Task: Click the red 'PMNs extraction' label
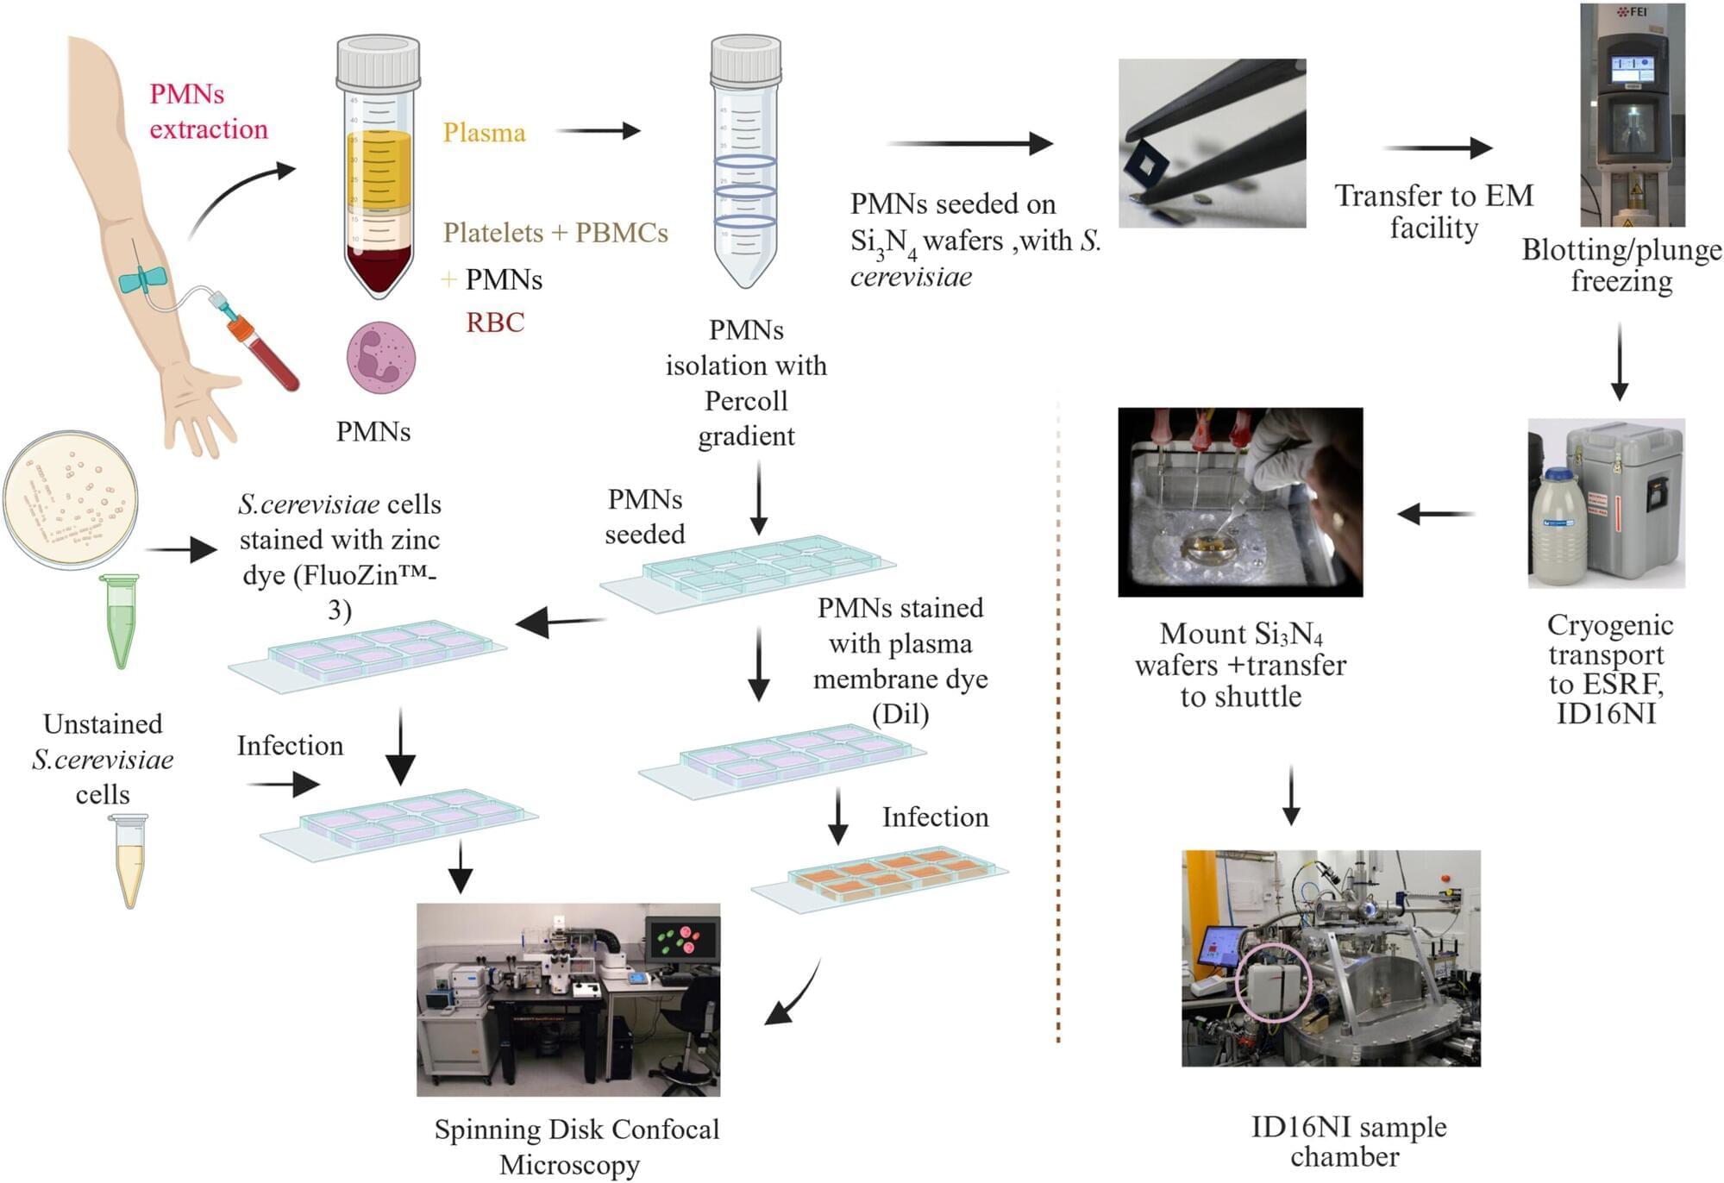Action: pyautogui.click(x=208, y=111)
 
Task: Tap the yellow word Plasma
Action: pyautogui.click(x=484, y=133)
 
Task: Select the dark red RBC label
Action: pyautogui.click(x=495, y=322)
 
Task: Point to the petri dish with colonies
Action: pyautogui.click(x=70, y=500)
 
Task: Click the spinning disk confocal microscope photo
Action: pyautogui.click(x=567, y=999)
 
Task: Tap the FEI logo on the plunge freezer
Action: pyautogui.click(x=1632, y=12)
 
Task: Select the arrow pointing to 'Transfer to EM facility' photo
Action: pyautogui.click(x=1437, y=147)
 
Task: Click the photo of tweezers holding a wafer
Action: pyautogui.click(x=1212, y=143)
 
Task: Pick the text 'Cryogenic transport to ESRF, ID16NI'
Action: pyautogui.click(x=1608, y=668)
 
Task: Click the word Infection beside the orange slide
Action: pyautogui.click(x=935, y=817)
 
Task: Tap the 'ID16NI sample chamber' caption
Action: pyautogui.click(x=1348, y=1141)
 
